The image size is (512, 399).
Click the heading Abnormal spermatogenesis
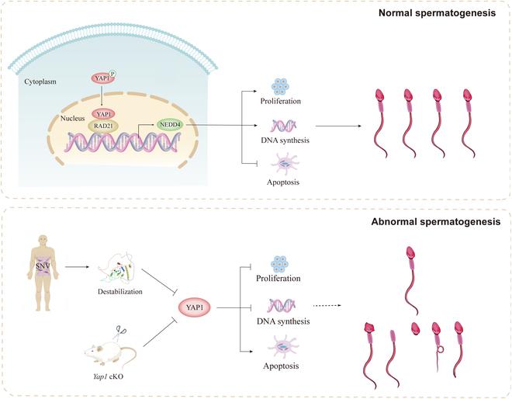pyautogui.click(x=435, y=221)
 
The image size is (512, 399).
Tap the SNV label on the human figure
pyautogui.click(x=40, y=267)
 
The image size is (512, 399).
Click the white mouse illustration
pyautogui.click(x=109, y=352)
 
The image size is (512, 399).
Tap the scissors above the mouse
pyautogui.click(x=123, y=332)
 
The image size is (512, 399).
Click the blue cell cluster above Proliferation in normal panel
pyautogui.click(x=282, y=86)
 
